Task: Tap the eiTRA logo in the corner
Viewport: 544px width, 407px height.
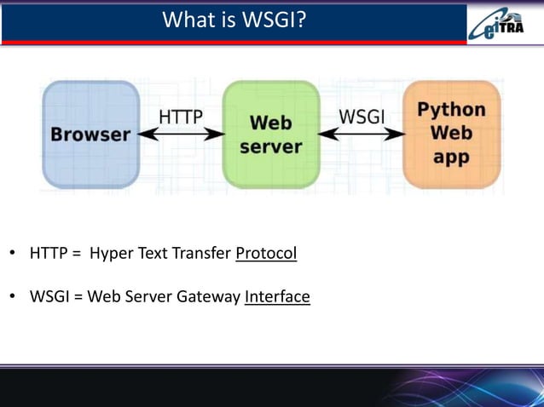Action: (x=503, y=23)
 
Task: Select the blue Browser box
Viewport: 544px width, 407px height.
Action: (x=90, y=135)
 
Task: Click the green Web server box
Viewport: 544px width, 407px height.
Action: (x=270, y=135)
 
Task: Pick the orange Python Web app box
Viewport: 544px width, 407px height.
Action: (x=451, y=135)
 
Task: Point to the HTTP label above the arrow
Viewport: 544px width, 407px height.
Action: (x=181, y=117)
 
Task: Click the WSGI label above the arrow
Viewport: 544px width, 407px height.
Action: (x=362, y=117)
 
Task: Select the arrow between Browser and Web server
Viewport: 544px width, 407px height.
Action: (x=181, y=135)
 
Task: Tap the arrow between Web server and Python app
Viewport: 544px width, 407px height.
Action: (x=362, y=135)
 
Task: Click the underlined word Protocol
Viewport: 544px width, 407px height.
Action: (x=266, y=254)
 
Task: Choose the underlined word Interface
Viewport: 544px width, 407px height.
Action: (x=277, y=297)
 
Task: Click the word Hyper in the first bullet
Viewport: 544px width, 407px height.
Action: (x=109, y=254)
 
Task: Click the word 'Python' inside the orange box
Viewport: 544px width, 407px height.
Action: (x=451, y=110)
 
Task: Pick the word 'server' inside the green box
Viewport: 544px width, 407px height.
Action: (x=270, y=146)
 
